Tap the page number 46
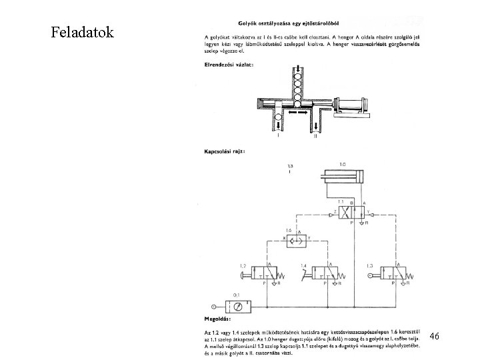pos(434,337)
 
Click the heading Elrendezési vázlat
pos(228,64)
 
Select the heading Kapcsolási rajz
pos(224,151)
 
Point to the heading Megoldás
pos(218,317)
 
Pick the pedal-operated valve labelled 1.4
pos(323,273)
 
